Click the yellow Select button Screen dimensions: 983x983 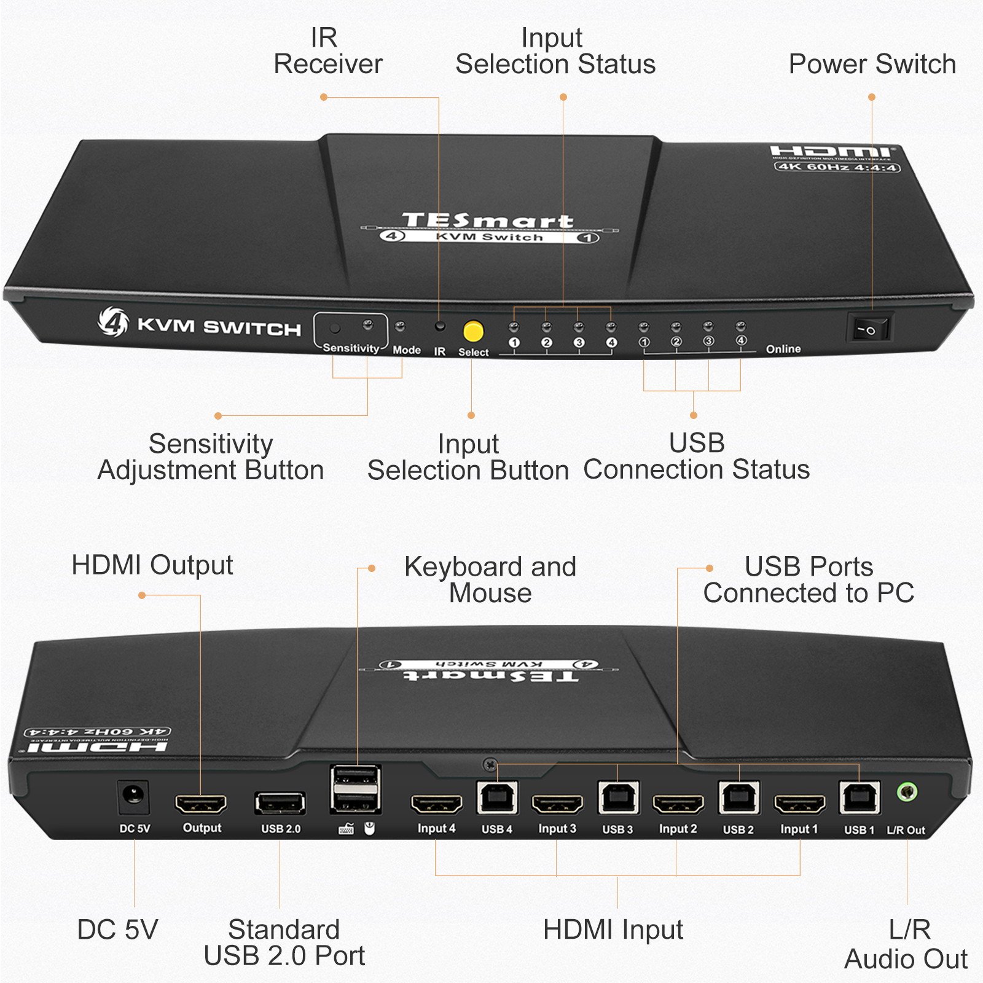[473, 331]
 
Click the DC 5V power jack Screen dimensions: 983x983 [133, 797]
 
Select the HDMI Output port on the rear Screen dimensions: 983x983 [201, 803]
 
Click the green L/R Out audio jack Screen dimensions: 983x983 [907, 792]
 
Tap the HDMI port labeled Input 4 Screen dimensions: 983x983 [436, 804]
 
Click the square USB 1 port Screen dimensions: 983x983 [859, 798]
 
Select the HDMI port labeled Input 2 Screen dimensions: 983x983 [678, 804]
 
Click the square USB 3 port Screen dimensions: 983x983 [618, 798]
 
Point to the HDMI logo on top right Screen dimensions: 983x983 [834, 151]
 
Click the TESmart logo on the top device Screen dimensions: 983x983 [488, 220]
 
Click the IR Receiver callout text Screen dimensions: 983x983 [327, 51]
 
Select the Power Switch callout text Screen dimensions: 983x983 [872, 64]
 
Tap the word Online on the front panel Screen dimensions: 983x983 [783, 349]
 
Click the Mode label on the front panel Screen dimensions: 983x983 [407, 350]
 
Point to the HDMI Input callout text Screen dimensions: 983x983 [613, 930]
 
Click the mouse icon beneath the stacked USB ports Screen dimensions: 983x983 [369, 829]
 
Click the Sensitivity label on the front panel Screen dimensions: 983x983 [351, 348]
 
